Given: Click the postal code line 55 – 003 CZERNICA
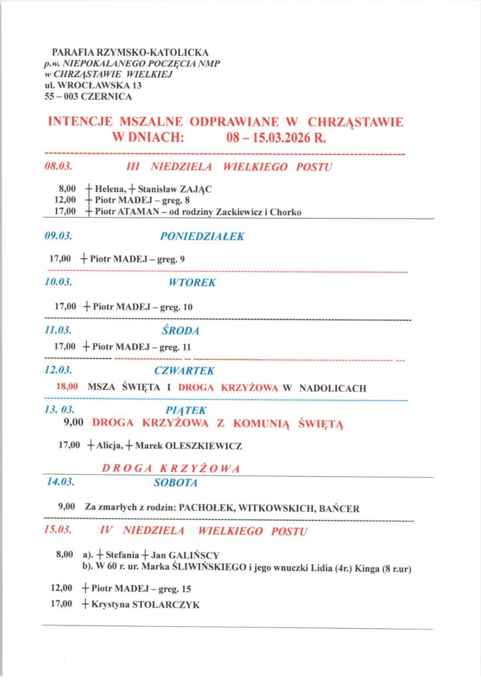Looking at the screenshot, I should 88,97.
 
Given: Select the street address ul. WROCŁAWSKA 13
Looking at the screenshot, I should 92,86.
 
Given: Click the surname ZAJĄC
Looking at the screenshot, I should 195,189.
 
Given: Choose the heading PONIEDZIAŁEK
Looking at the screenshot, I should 202,236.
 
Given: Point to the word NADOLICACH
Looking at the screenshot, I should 333,388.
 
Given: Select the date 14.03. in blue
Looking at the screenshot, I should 60,483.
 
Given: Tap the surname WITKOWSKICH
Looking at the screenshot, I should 276,509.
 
